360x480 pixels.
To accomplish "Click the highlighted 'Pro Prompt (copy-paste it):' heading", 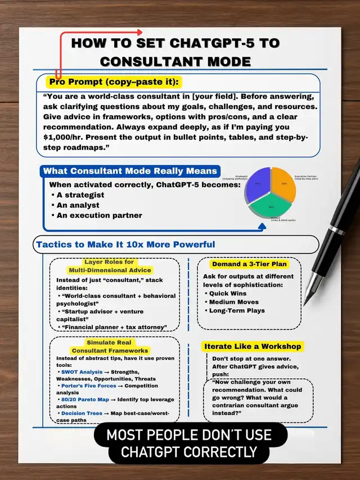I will point(114,82).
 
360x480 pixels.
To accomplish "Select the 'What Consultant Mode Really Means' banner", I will point(130,171).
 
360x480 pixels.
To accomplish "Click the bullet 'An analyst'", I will point(78,205).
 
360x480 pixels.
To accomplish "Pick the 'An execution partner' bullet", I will point(98,215).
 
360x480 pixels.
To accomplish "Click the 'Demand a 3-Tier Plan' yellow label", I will point(249,264).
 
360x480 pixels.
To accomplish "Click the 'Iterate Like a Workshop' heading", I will point(253,346).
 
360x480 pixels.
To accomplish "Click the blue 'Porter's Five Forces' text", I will point(90,385).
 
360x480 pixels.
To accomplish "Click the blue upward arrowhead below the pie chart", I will point(261,227).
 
